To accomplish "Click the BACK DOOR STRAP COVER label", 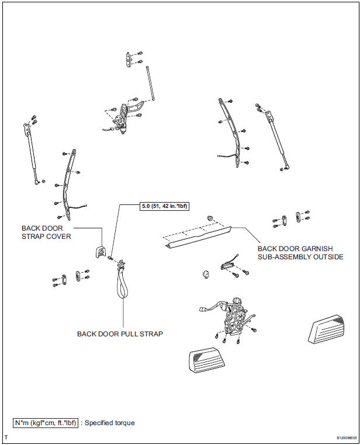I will pos(46,232).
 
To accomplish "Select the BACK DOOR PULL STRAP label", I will pos(120,334).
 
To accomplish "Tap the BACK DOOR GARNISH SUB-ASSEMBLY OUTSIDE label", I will pos(300,252).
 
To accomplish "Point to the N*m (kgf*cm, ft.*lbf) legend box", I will pos(45,422).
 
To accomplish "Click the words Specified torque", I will pos(110,422).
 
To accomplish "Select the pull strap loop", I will pos(124,283).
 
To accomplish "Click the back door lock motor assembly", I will pos(234,315).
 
